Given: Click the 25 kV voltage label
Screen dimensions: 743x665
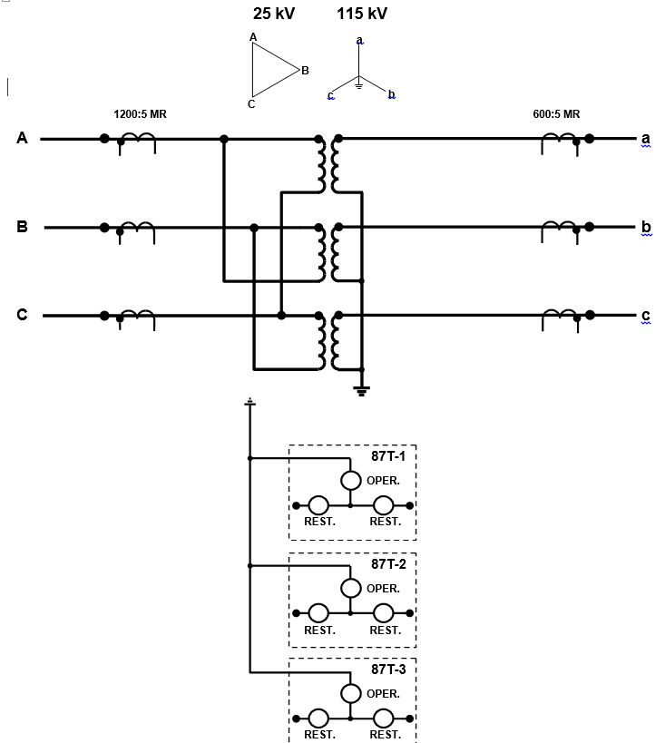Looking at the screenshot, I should click(x=274, y=15).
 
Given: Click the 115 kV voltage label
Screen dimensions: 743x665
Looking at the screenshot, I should click(x=362, y=15).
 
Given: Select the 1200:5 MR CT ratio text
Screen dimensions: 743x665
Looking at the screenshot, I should click(x=140, y=114).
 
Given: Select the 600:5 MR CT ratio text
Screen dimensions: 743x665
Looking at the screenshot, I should click(x=556, y=114).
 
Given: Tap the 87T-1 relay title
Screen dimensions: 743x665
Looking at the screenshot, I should click(x=388, y=456).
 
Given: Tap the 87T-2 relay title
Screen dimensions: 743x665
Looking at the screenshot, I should click(x=388, y=563).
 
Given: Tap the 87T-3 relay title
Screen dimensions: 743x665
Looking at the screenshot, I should click(x=388, y=669).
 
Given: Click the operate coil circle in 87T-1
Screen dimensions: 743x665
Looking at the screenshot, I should click(x=351, y=481).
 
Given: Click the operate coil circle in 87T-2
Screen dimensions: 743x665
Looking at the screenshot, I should click(x=351, y=588).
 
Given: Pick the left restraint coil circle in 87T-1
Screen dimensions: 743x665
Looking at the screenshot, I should click(x=318, y=504).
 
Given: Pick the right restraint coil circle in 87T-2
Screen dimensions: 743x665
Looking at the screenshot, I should click(x=384, y=612).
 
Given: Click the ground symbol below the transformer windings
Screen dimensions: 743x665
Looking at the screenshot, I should click(x=362, y=390).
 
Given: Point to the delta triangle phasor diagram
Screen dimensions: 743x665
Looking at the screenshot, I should click(x=271, y=70).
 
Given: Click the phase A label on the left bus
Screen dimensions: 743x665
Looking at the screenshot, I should click(x=22, y=138).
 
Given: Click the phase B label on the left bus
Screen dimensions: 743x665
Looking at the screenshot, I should click(x=22, y=227).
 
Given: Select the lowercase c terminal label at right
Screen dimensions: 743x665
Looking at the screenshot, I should click(x=646, y=316).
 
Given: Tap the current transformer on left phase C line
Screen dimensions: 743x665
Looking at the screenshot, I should click(x=137, y=316).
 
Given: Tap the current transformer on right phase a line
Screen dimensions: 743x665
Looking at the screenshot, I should click(x=560, y=139).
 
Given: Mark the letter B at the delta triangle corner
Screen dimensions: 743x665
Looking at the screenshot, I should click(x=305, y=70).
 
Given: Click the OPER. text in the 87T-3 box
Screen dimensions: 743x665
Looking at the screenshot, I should click(x=383, y=694).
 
